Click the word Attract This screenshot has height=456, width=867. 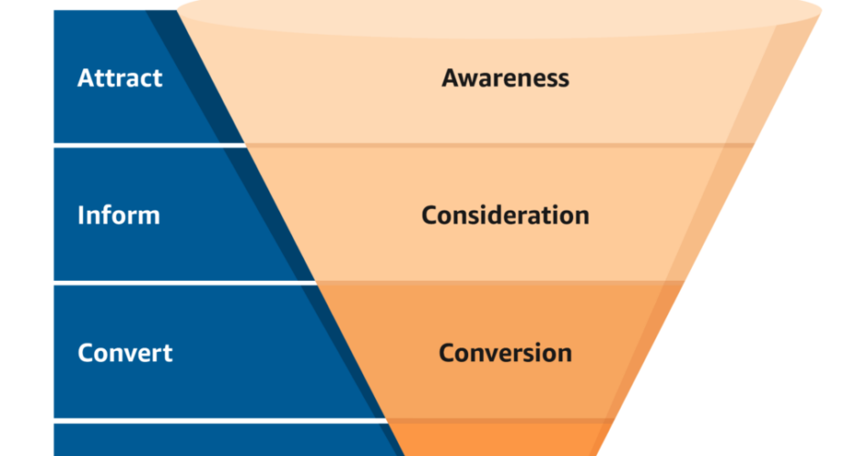[x=120, y=78]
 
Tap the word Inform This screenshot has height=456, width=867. [x=119, y=215]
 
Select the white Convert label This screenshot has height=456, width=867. [x=125, y=353]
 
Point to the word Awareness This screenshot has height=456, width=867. [x=506, y=78]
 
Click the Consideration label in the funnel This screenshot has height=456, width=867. [x=506, y=215]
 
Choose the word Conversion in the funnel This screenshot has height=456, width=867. [x=506, y=353]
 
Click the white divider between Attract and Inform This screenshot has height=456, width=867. [x=150, y=145]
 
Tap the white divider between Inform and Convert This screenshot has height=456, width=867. [x=184, y=283]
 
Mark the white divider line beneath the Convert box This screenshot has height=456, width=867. [x=220, y=420]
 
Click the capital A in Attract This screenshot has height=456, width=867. [x=87, y=78]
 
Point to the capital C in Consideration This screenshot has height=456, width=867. [x=430, y=215]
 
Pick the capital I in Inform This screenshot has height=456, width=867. [x=81, y=215]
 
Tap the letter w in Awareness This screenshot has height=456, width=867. [x=471, y=80]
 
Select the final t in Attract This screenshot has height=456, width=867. [x=157, y=79]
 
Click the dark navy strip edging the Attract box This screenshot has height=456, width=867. [x=194, y=77]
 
